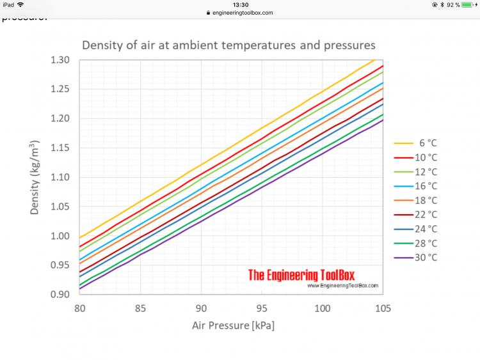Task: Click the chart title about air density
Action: pyautogui.click(x=228, y=45)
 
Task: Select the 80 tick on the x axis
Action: pyautogui.click(x=79, y=308)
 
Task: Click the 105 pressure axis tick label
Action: pyautogui.click(x=383, y=308)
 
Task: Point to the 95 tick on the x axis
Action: pyautogui.click(x=262, y=308)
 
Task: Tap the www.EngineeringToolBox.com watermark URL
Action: pyautogui.click(x=343, y=286)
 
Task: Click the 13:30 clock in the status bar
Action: pyautogui.click(x=240, y=4)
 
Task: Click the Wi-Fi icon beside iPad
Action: pyautogui.click(x=21, y=4)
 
